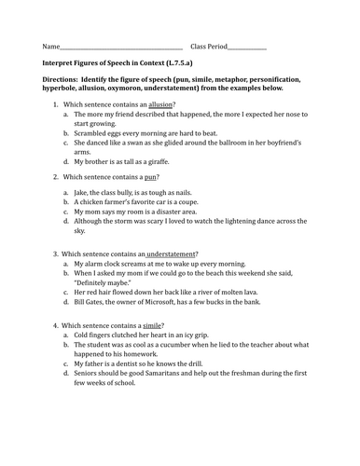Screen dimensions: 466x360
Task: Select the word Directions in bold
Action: tap(62, 81)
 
